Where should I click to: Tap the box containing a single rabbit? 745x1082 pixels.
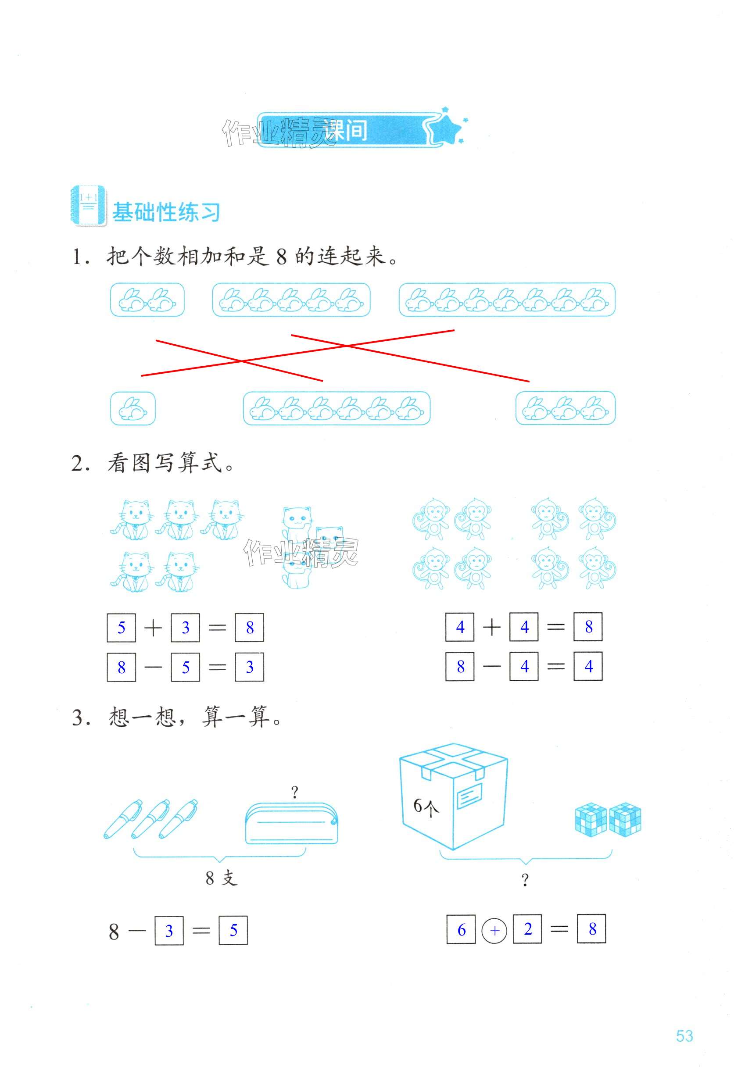click(x=133, y=408)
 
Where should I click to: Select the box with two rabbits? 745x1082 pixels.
click(x=147, y=300)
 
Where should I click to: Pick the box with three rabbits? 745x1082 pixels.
click(x=565, y=408)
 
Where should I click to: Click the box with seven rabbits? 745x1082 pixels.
click(x=506, y=300)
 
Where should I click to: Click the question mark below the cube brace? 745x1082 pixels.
click(x=525, y=880)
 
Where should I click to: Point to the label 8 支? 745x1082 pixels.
click(x=221, y=878)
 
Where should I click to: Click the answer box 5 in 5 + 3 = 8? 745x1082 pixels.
click(x=122, y=628)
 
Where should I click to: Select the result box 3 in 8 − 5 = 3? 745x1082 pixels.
click(x=249, y=667)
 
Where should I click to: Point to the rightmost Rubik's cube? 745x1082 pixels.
click(x=625, y=819)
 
